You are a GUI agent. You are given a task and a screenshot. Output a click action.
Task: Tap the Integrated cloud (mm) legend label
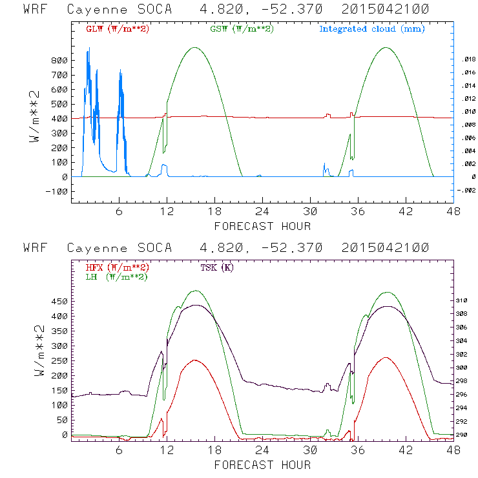(x=372, y=29)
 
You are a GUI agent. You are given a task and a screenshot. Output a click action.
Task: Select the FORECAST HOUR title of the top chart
(x=262, y=226)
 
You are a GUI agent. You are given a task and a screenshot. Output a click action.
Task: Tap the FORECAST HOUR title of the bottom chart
(x=262, y=465)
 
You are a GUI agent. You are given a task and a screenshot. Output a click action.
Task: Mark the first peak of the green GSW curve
(x=195, y=47)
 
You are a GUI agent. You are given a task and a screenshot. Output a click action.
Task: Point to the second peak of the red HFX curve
(x=386, y=357)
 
